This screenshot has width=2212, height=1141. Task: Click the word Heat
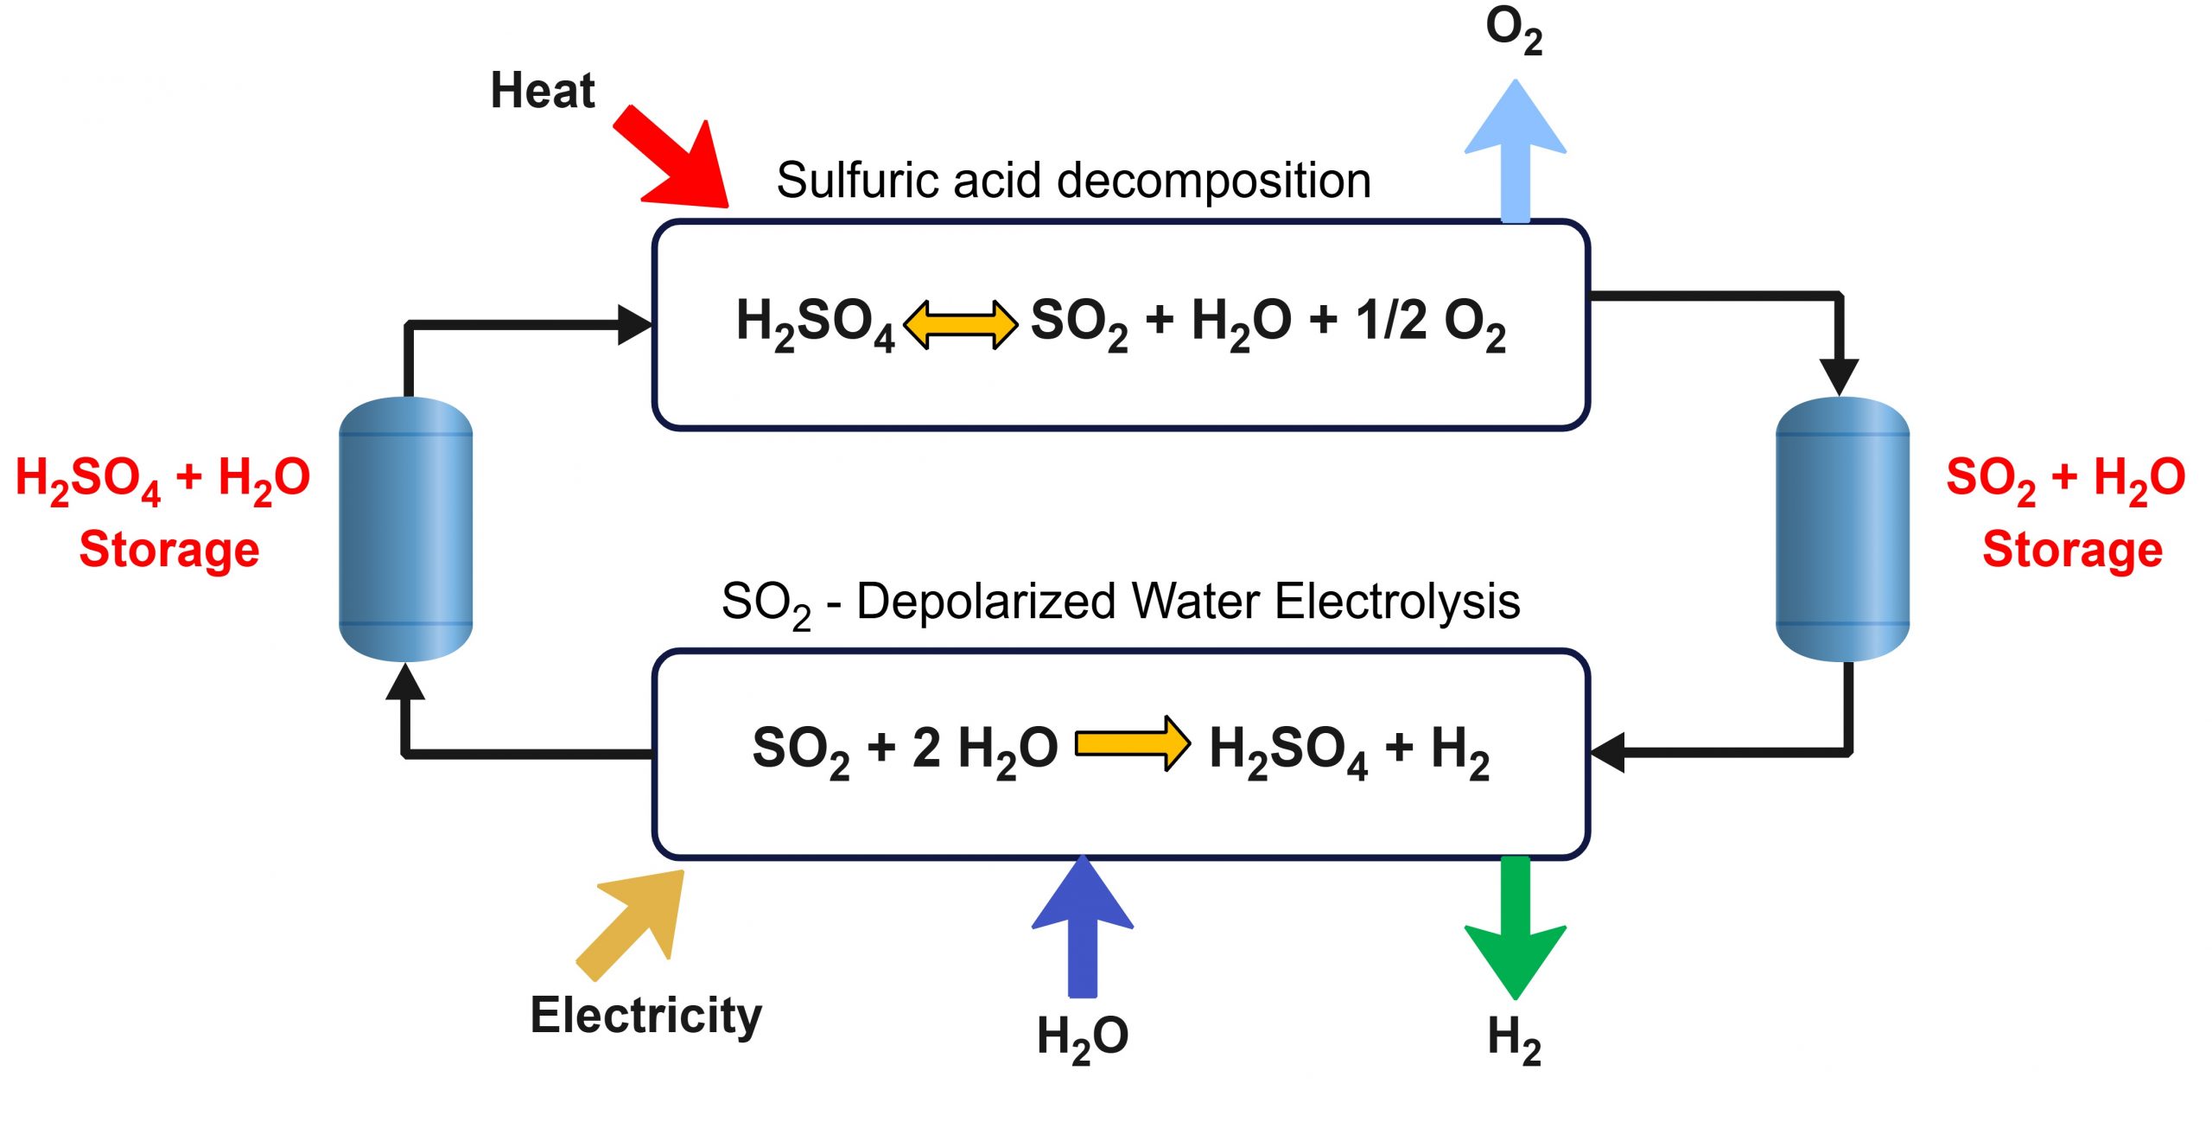point(543,91)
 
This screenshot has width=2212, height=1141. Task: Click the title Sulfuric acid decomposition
point(1073,181)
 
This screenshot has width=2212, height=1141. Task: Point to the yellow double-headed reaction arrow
point(960,325)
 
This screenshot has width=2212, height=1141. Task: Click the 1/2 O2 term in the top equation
point(1431,322)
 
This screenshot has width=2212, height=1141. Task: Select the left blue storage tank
point(405,529)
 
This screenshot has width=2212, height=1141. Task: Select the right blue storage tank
point(1841,529)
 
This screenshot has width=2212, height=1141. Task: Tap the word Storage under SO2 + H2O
point(2072,550)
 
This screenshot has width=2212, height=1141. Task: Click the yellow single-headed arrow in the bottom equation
point(1133,743)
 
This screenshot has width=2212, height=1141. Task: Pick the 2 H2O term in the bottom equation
point(985,749)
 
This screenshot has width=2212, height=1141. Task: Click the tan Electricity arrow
point(636,921)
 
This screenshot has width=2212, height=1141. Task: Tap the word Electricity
point(645,1016)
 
